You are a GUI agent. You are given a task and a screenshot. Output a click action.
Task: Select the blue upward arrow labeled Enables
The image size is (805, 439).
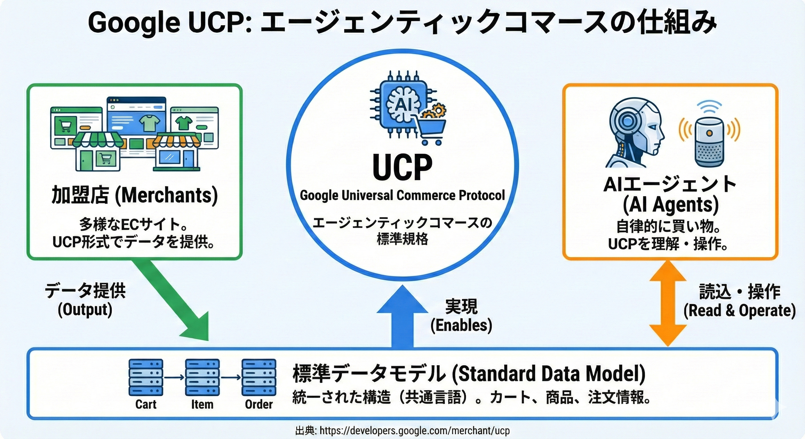click(x=402, y=319)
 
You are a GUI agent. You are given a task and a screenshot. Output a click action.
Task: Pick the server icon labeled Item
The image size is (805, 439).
click(x=202, y=378)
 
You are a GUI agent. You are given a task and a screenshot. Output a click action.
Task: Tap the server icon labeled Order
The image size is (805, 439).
click(x=259, y=378)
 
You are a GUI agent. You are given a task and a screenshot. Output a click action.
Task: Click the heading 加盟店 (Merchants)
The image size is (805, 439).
click(x=134, y=195)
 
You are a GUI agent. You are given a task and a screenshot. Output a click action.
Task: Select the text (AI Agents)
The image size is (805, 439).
click(x=671, y=205)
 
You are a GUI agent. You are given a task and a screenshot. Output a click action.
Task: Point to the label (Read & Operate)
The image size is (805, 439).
click(x=739, y=311)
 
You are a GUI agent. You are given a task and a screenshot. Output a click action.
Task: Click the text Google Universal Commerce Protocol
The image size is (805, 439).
click(x=402, y=195)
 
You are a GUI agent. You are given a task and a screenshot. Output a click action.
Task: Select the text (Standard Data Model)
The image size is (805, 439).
click(x=549, y=374)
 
